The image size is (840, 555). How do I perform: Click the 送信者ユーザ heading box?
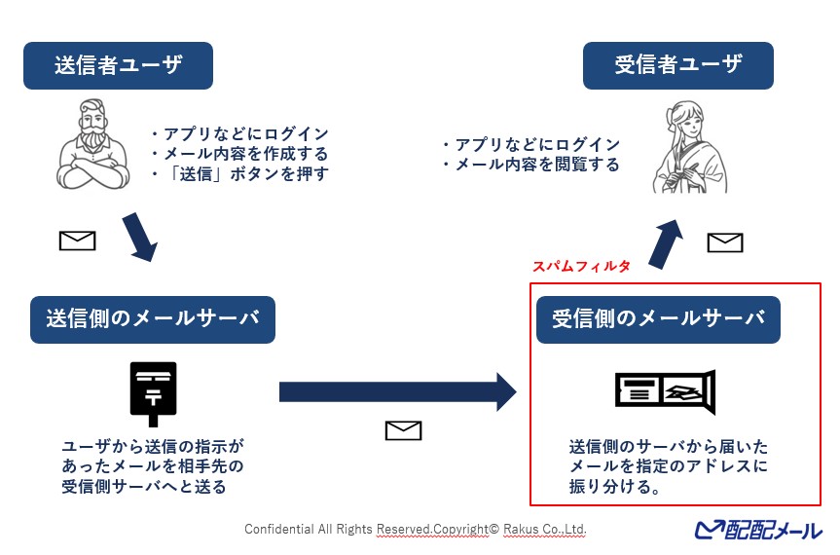118,65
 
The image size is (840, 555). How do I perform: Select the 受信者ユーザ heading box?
677,65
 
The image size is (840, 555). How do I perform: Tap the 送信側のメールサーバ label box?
152,319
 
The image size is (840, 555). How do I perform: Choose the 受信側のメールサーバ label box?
658,319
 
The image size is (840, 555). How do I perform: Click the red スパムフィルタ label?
581,266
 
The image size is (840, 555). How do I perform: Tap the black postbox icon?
154,393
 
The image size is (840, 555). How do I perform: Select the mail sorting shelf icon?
666,391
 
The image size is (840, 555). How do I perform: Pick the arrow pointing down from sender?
139,238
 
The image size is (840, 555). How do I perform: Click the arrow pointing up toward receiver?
667,243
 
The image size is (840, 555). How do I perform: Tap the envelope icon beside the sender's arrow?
78,240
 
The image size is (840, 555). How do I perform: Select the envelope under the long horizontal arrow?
403,430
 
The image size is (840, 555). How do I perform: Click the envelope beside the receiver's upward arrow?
725,242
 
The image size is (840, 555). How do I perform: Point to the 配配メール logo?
758,530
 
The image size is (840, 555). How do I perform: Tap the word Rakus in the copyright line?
521,530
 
